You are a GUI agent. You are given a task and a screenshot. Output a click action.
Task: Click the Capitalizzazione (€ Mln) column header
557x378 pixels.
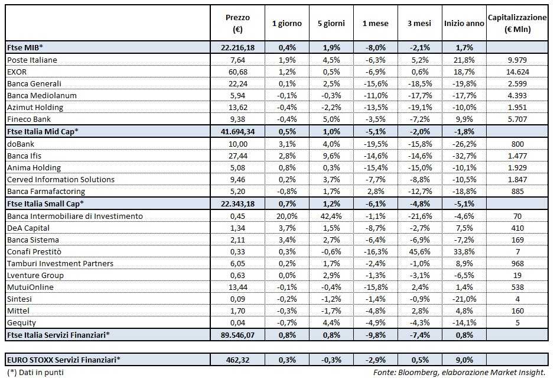(x=517, y=24)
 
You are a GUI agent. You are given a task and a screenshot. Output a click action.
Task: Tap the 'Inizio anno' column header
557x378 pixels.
(x=463, y=24)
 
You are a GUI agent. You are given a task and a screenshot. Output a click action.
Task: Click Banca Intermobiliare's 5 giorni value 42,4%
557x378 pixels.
(x=331, y=216)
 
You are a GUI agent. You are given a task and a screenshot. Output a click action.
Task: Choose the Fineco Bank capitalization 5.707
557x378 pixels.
(x=517, y=119)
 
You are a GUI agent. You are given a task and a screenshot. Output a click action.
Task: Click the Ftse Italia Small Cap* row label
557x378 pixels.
(x=45, y=203)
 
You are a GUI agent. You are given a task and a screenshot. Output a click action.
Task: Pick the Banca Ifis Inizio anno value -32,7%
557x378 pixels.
(x=463, y=155)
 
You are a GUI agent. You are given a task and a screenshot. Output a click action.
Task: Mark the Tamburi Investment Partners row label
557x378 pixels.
(x=60, y=263)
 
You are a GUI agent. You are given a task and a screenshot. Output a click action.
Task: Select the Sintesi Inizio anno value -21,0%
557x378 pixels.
(x=463, y=299)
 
